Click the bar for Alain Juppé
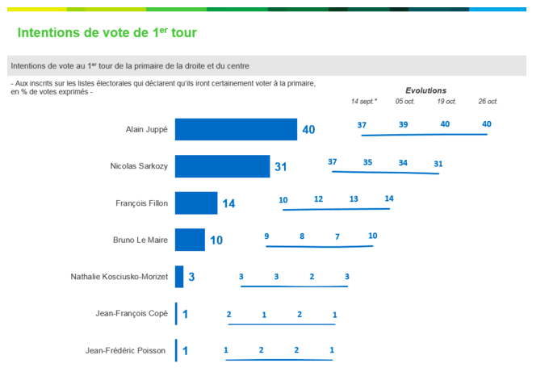pyautogui.click(x=236, y=129)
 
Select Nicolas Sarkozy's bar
pyautogui.click(x=222, y=166)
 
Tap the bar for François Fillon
pyautogui.click(x=196, y=203)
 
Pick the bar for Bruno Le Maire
pyautogui.click(x=190, y=240)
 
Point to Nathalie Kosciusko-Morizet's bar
pyautogui.click(x=179, y=277)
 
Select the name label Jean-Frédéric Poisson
pyautogui.click(x=126, y=350)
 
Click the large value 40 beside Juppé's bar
pyautogui.click(x=308, y=129)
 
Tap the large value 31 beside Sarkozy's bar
pyautogui.click(x=281, y=167)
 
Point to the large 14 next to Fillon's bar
pyautogui.click(x=228, y=204)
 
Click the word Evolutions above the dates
pyautogui.click(x=425, y=90)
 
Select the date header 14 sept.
pyautogui.click(x=364, y=102)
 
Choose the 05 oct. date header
pyautogui.click(x=404, y=102)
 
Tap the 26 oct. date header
pyautogui.click(x=488, y=102)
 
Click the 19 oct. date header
pyautogui.click(x=446, y=102)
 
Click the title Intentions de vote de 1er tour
pyautogui.click(x=107, y=33)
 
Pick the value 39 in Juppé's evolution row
pyautogui.click(x=403, y=124)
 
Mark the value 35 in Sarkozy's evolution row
pyautogui.click(x=367, y=162)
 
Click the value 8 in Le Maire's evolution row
pyautogui.click(x=302, y=236)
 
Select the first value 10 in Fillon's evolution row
pyautogui.click(x=283, y=199)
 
